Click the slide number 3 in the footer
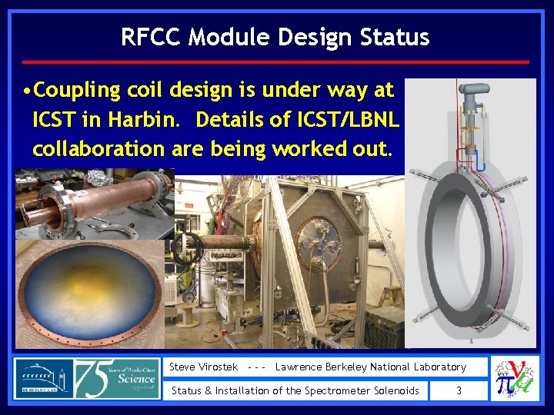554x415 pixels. tap(459, 390)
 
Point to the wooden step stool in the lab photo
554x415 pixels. tap(389, 296)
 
